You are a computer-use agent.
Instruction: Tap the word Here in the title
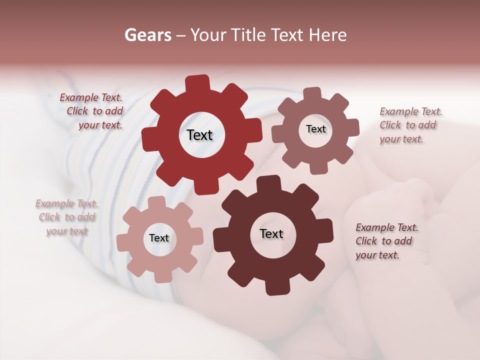[327, 35]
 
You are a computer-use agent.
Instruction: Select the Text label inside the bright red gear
[199, 135]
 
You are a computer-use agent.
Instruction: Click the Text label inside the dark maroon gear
[271, 233]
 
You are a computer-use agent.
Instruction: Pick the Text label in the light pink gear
[159, 238]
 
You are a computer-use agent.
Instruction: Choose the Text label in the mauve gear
[315, 129]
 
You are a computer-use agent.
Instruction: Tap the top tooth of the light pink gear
[156, 202]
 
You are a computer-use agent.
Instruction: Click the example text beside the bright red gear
[95, 111]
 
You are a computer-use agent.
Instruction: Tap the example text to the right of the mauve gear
[408, 125]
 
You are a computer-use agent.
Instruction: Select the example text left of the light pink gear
[67, 217]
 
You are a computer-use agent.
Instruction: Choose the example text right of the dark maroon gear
[384, 241]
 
